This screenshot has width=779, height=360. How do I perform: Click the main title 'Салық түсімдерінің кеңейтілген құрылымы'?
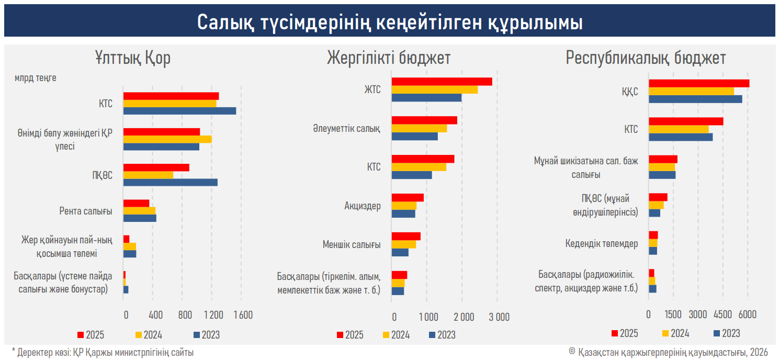[x=389, y=23]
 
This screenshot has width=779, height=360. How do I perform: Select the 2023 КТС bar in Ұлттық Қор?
[x=179, y=111]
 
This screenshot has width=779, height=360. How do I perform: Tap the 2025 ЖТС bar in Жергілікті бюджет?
[x=442, y=82]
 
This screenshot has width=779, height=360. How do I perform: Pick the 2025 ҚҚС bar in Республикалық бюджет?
[x=698, y=84]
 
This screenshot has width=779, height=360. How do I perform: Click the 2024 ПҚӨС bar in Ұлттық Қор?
[x=148, y=175]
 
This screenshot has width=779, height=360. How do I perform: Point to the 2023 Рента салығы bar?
[x=140, y=218]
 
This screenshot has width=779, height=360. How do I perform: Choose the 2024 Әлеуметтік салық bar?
[x=419, y=129]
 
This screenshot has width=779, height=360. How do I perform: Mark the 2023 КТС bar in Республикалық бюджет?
[x=680, y=137]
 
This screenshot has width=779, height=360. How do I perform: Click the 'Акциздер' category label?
[x=362, y=206]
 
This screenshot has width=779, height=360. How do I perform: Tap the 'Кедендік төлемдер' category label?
[x=602, y=244]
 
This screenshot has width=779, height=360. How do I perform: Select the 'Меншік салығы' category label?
[x=352, y=244]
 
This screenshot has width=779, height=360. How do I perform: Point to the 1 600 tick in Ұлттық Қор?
[x=243, y=316]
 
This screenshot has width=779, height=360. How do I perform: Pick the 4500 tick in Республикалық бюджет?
[x=723, y=314]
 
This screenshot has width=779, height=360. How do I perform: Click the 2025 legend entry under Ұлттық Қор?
[x=92, y=335]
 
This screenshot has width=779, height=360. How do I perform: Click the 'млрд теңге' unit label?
[x=36, y=78]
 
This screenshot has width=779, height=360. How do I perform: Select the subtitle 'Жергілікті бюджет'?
[x=389, y=58]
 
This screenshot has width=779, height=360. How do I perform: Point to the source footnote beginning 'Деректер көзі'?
[x=103, y=353]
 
